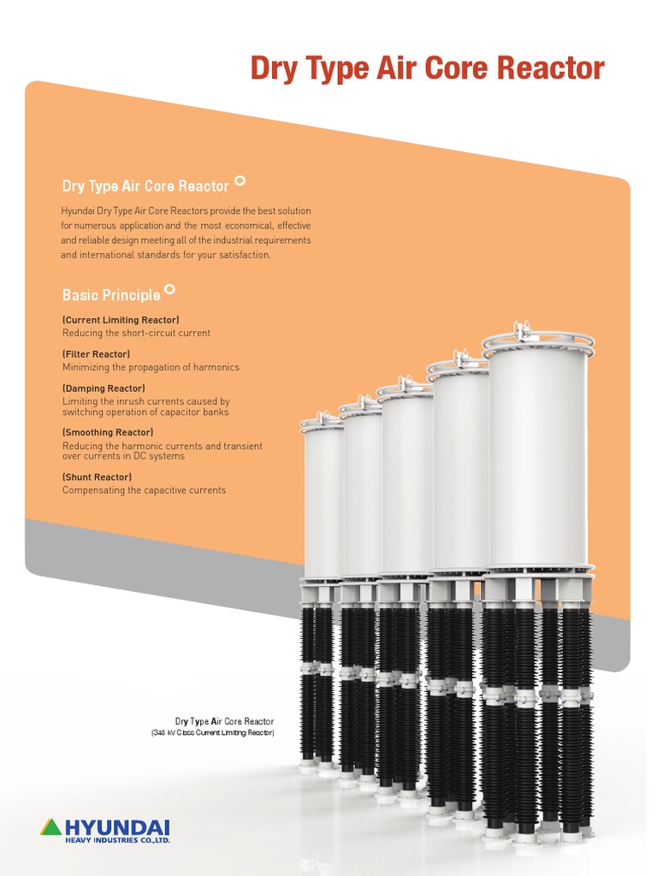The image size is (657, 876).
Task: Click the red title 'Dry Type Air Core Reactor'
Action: (427, 68)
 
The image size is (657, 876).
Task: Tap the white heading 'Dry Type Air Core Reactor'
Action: (145, 186)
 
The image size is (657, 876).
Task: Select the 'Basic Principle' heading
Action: (110, 295)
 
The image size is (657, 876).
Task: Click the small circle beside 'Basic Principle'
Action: (170, 290)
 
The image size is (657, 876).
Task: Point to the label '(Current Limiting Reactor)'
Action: (121, 320)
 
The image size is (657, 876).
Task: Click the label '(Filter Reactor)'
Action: (96, 354)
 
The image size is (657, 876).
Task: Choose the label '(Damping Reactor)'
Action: (103, 388)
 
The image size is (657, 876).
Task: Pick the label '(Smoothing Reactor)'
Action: (108, 433)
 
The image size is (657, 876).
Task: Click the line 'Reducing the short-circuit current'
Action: (136, 333)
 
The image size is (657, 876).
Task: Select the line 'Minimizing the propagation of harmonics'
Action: (151, 367)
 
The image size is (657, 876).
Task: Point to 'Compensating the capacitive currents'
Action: (144, 490)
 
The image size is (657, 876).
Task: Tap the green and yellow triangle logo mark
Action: (51, 827)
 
